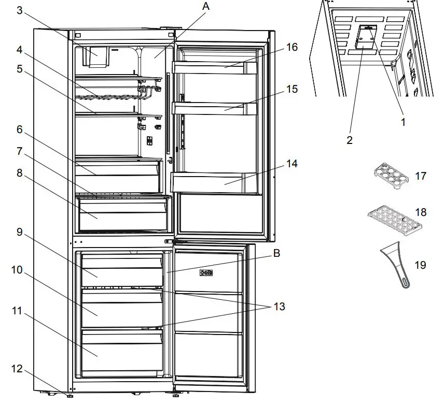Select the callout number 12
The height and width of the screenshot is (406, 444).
(x=17, y=369)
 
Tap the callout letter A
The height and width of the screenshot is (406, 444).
(x=206, y=6)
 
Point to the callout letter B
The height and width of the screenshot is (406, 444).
(x=276, y=254)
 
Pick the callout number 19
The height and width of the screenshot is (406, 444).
(x=420, y=265)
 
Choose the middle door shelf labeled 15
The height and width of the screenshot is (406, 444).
(x=214, y=108)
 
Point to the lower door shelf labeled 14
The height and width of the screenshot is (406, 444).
(x=214, y=182)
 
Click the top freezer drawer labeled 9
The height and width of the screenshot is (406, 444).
(x=122, y=269)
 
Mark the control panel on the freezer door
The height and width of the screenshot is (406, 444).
(x=207, y=272)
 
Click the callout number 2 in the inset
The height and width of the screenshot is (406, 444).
(x=349, y=140)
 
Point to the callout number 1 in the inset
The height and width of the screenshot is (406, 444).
(x=403, y=123)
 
